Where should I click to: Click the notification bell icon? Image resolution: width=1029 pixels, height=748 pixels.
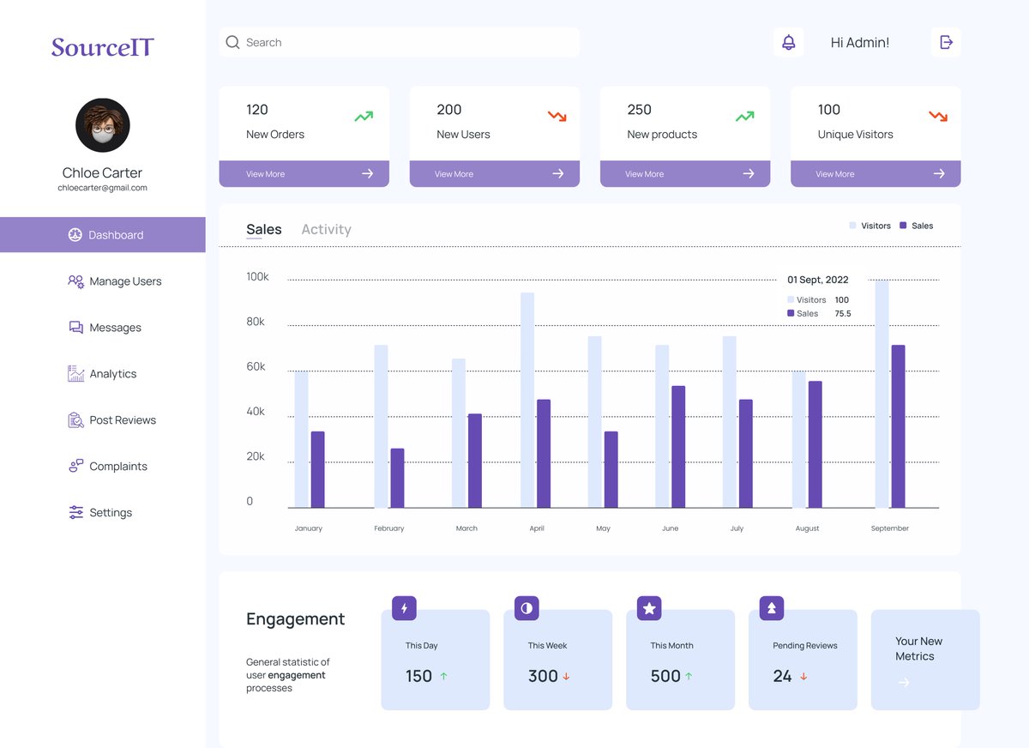[x=788, y=42]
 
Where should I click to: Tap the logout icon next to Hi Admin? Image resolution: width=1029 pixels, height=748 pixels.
[x=946, y=42]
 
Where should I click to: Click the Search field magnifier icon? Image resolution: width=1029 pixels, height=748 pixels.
[x=232, y=42]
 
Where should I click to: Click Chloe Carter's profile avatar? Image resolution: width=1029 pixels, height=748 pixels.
[x=103, y=125]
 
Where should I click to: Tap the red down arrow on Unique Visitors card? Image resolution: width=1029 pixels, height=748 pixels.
[x=938, y=115]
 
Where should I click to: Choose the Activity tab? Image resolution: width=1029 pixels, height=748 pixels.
[x=326, y=229]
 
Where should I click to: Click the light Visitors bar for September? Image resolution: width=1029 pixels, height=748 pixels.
[x=882, y=394]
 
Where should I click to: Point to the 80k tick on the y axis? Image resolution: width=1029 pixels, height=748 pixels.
[x=256, y=322]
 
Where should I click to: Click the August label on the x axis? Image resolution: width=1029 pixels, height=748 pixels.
[x=807, y=528]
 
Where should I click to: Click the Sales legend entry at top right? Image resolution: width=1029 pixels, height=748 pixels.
[x=917, y=226]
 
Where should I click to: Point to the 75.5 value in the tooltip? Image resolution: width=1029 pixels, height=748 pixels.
[x=843, y=314]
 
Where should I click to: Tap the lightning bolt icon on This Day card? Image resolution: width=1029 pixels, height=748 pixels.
[x=404, y=608]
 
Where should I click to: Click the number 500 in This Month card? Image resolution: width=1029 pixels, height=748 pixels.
[x=665, y=676]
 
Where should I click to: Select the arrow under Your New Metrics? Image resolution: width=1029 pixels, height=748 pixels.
[x=904, y=683]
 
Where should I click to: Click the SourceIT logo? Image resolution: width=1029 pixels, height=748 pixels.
[x=102, y=46]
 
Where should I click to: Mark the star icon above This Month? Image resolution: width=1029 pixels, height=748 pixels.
[x=649, y=608]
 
